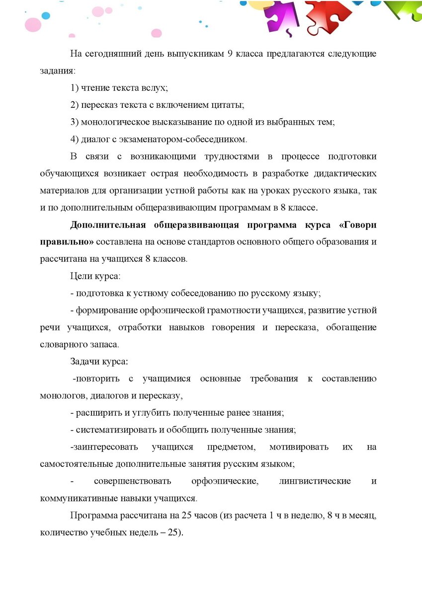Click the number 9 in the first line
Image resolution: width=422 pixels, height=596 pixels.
230,54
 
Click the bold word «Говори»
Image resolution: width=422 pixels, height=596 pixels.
357,225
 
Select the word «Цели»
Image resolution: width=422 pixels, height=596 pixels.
81,276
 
